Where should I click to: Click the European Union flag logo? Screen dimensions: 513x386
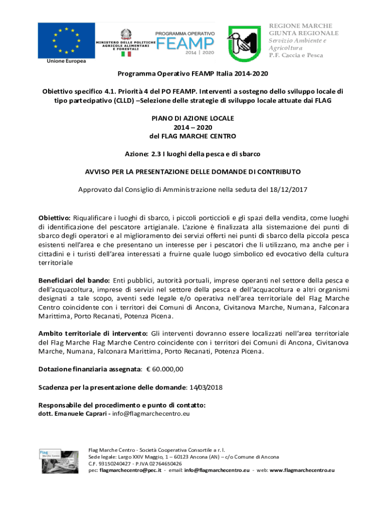66,40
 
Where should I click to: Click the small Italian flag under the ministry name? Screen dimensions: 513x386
125,53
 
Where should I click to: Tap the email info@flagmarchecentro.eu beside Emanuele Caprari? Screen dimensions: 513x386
151,414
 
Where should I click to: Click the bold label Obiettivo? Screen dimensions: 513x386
55,217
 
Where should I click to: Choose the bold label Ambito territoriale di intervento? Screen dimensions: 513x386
93,333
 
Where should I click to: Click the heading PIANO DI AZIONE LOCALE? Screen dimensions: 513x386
193,118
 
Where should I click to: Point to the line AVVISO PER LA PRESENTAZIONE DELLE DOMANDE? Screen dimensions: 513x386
193,171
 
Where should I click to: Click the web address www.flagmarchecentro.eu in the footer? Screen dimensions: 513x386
302,470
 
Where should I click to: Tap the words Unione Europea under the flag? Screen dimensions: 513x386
66,61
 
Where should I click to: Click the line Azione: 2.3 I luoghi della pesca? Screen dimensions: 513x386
193,153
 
